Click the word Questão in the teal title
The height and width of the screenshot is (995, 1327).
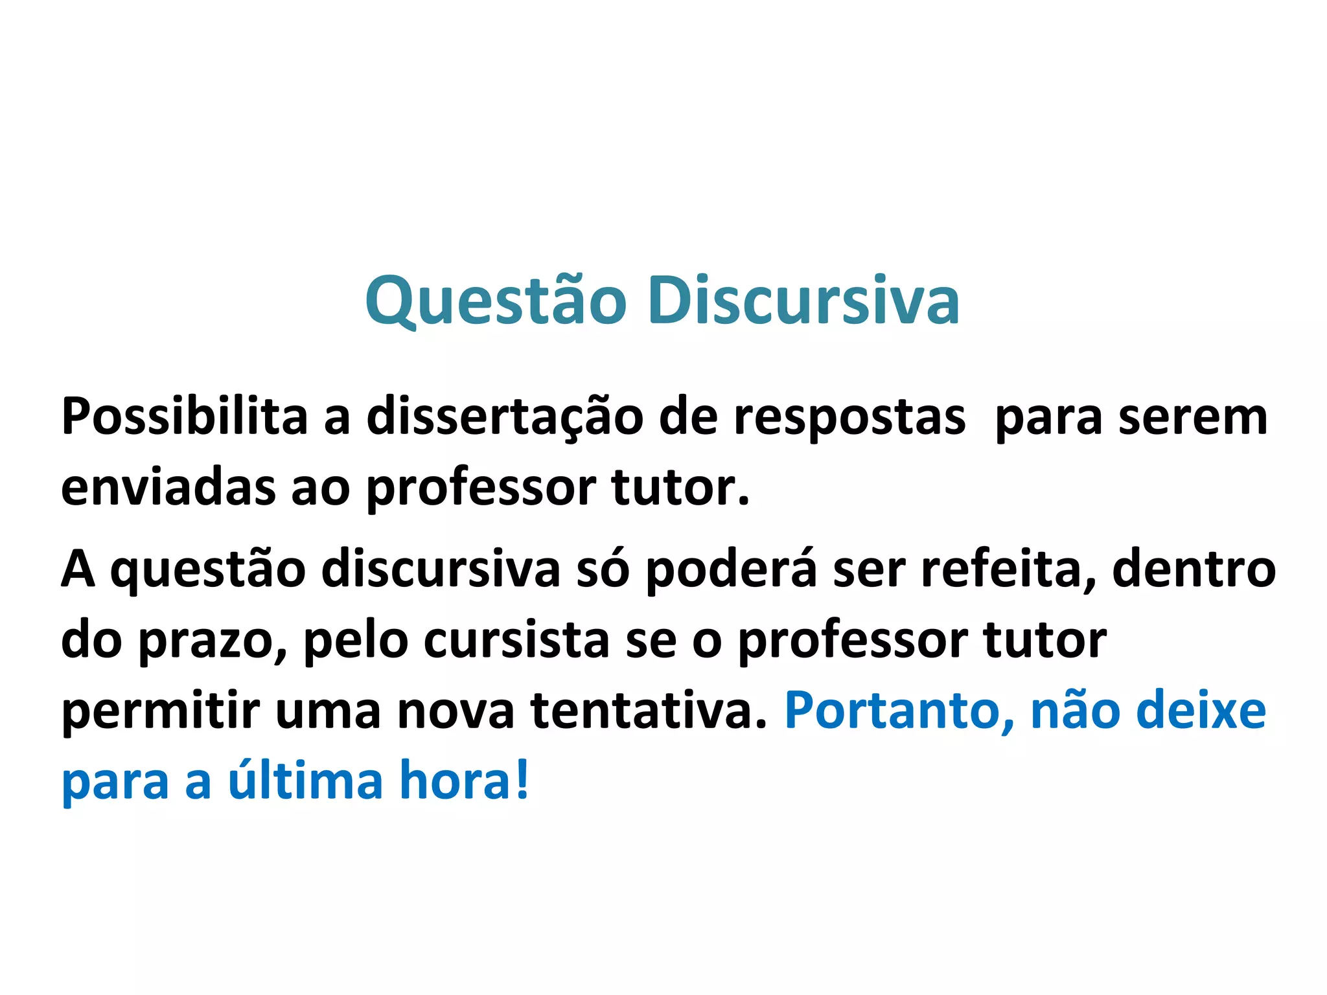click(496, 301)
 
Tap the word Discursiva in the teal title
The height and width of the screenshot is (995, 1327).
click(803, 301)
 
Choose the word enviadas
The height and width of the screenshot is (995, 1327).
click(168, 487)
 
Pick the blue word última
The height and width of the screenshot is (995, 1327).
click(305, 781)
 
